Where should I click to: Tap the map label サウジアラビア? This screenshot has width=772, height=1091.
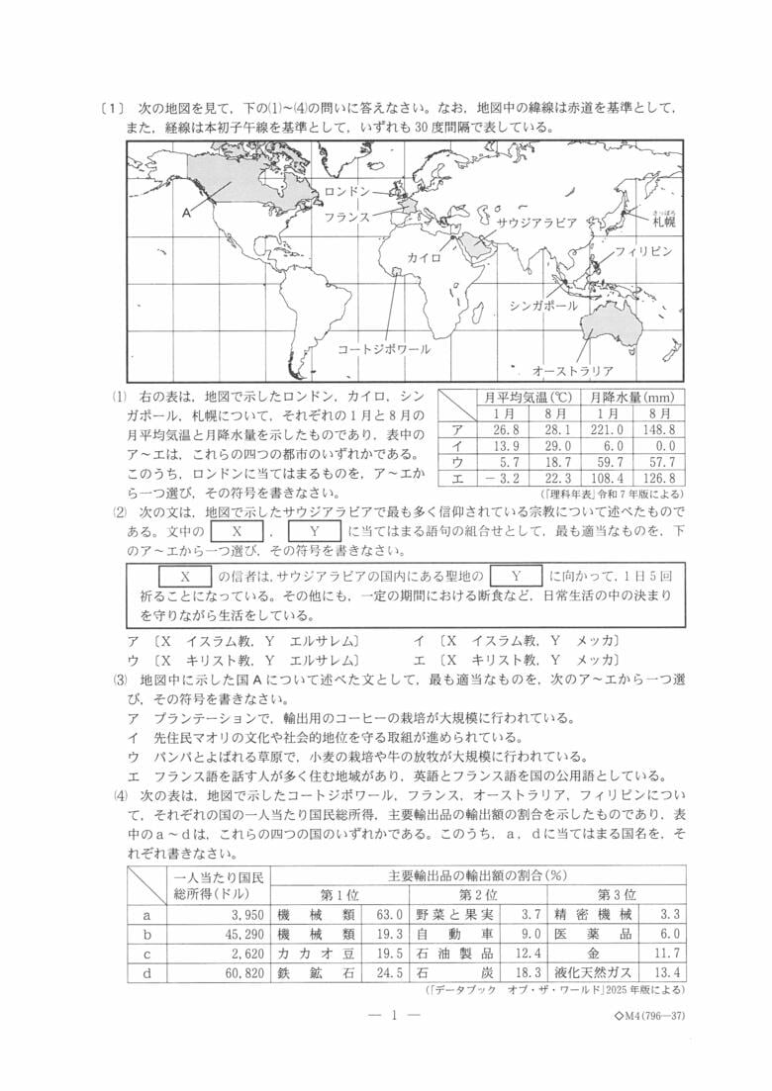535,223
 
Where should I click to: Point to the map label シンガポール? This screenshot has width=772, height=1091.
543,306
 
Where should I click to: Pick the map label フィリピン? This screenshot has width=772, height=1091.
643,251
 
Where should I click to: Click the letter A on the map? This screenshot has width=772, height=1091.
186,212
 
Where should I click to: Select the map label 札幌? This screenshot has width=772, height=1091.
663,223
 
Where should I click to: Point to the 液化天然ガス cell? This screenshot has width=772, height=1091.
595,971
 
